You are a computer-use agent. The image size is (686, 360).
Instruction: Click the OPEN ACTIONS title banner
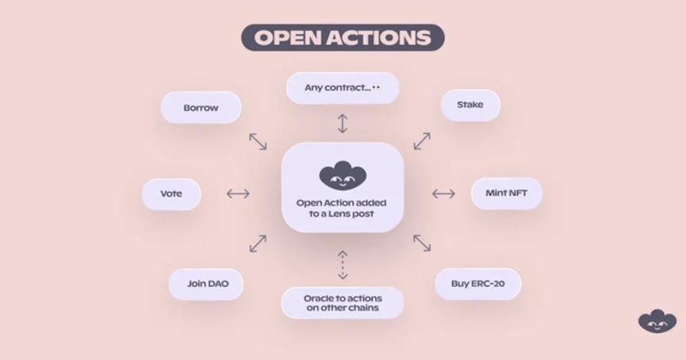tap(343, 37)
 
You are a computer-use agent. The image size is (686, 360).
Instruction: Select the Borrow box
tap(201, 108)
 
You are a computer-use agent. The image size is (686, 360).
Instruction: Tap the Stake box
tap(469, 105)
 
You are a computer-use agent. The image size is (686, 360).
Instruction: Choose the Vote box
tap(171, 193)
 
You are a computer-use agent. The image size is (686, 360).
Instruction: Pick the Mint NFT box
tap(506, 193)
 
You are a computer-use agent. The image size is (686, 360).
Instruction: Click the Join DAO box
tap(205, 284)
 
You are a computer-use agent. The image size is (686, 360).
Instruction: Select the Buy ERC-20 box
tap(477, 284)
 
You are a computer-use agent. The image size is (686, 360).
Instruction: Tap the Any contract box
tap(342, 88)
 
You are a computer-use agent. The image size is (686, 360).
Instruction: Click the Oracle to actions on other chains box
tap(342, 302)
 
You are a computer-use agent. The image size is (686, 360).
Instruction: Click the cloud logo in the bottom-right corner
tap(657, 320)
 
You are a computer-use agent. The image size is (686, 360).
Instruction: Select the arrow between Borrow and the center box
tap(258, 141)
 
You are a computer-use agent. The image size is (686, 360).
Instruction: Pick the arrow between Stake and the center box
tap(422, 141)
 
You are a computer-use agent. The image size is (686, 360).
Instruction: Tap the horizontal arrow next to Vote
tap(238, 193)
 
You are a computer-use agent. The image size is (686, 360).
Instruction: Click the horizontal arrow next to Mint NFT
tap(443, 193)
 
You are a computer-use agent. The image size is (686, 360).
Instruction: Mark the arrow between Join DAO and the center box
tap(258, 243)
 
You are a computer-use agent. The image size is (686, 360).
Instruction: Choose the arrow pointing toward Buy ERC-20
tap(422, 243)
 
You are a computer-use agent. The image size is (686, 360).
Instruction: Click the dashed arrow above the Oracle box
tap(343, 265)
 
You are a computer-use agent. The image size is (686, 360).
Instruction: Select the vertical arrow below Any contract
tap(343, 123)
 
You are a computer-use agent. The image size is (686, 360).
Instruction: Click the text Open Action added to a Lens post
tap(342, 209)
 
